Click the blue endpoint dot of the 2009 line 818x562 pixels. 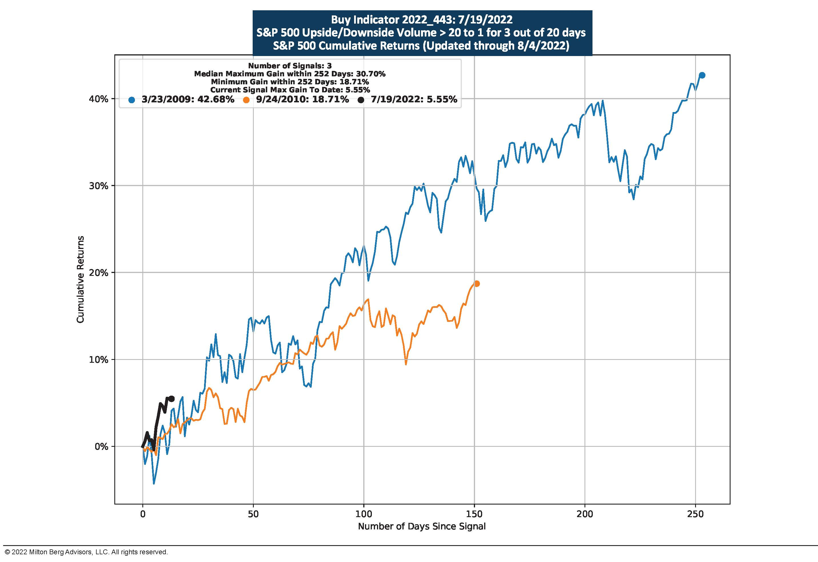[x=702, y=75]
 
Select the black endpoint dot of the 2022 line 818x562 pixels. [x=172, y=398]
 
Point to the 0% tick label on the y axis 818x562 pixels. [x=101, y=447]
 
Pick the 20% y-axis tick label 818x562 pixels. [x=99, y=273]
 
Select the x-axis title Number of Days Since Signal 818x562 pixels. [x=422, y=527]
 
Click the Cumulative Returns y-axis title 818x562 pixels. [x=81, y=279]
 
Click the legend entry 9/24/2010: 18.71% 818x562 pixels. [x=302, y=99]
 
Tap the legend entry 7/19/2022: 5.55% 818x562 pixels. [x=414, y=99]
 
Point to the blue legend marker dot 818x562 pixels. [x=132, y=100]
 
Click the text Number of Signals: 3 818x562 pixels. [x=290, y=66]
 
